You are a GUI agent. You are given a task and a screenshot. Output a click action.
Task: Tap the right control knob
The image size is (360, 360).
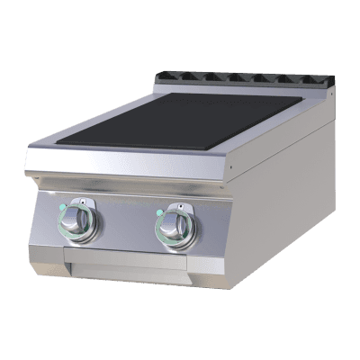[173, 226]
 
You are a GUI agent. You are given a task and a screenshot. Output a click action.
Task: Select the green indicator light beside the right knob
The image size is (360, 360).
[158, 214]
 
